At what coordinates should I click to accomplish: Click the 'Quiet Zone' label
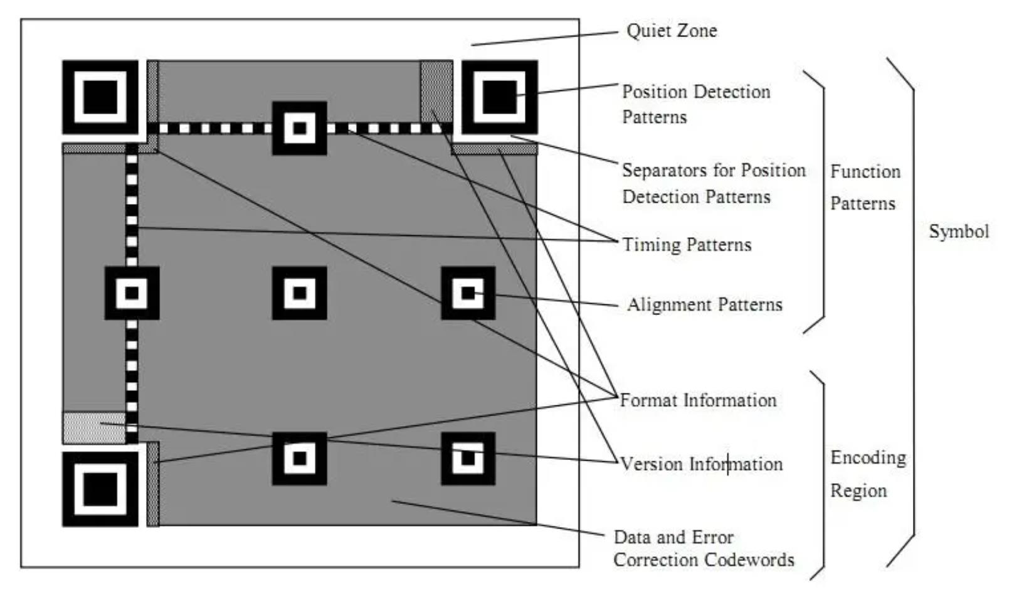point(672,31)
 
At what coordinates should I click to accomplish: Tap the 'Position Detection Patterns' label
point(695,104)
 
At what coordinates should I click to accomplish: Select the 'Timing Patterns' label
point(687,245)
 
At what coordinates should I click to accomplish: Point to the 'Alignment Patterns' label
point(705,305)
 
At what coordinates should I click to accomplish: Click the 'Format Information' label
point(698,400)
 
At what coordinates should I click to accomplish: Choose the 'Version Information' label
point(701,464)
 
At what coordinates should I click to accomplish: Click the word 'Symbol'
point(959,232)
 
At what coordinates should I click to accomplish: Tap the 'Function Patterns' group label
point(865,188)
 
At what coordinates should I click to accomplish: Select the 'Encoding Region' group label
point(868,474)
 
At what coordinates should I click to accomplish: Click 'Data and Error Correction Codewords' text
point(704,548)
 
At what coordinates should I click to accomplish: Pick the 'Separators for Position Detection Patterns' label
point(714,183)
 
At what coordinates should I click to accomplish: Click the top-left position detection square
point(100,97)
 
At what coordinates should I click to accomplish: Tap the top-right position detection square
point(499,97)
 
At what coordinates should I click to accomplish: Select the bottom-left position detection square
point(100,489)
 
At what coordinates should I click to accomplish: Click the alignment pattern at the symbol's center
point(300,293)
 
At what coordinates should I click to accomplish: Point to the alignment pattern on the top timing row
point(300,128)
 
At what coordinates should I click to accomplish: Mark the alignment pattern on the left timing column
point(132,293)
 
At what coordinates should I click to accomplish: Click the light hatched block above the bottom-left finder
point(93,427)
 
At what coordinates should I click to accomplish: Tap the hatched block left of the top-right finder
point(436,91)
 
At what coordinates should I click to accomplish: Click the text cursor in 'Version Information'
point(728,464)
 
